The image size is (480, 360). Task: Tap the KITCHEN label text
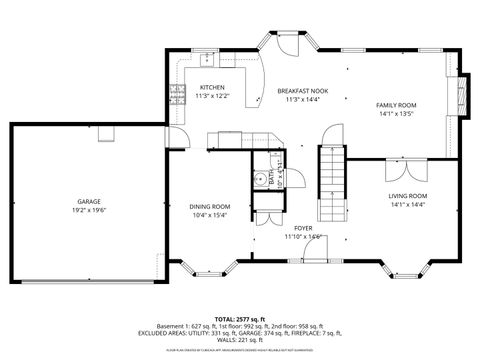point(212,87)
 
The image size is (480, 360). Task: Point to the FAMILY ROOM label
point(396,105)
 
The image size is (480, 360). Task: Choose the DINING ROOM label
point(210,206)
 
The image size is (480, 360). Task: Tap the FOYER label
point(303,228)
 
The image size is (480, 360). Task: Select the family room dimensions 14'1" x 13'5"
point(396,114)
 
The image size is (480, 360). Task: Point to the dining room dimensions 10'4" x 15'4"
point(210,215)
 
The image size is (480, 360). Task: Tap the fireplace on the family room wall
point(461,98)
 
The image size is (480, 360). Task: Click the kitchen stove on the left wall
point(179,94)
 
